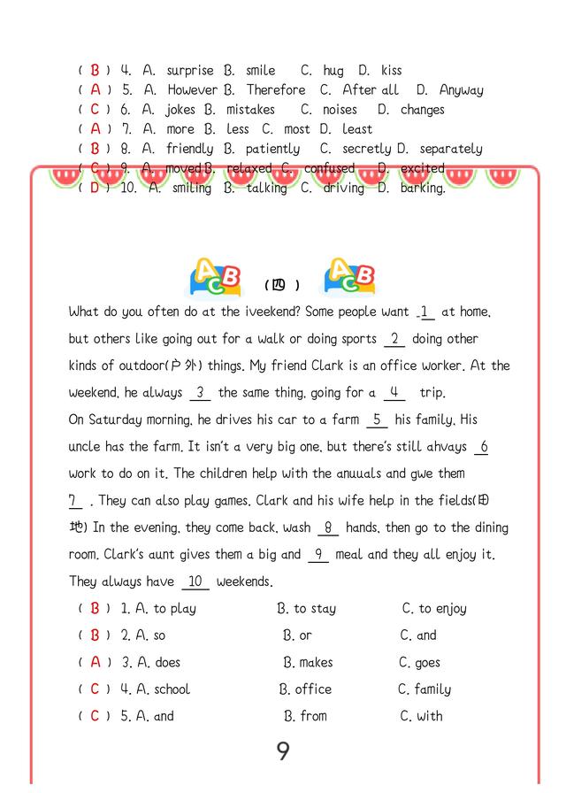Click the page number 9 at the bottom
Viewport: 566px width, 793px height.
(283, 751)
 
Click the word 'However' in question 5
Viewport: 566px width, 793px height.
(192, 89)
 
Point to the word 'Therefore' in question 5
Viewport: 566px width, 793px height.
(276, 89)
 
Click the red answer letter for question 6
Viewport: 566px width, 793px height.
(95, 110)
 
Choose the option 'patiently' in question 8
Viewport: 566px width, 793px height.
(272, 149)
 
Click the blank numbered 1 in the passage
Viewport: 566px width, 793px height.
(425, 312)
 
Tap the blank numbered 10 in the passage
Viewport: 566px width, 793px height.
(195, 581)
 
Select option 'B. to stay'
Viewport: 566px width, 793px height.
(306, 608)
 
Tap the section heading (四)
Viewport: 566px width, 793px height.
(282, 285)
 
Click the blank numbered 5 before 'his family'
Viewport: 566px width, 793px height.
(377, 420)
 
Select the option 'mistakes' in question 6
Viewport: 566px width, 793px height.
(250, 110)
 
